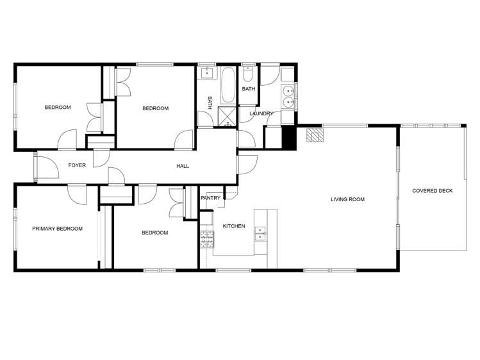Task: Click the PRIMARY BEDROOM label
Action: [x=58, y=229]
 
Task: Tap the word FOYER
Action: [x=77, y=165]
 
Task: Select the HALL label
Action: [x=183, y=167]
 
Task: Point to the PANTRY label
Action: [x=210, y=198]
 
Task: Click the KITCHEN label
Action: [x=233, y=226]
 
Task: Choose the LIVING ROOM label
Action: [x=347, y=199]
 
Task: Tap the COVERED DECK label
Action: [x=432, y=190]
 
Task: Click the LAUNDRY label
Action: [x=261, y=113]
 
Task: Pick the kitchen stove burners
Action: [x=206, y=240]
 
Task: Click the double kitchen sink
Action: [x=261, y=233]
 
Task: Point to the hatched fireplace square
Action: [x=314, y=136]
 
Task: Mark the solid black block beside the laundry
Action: [x=290, y=138]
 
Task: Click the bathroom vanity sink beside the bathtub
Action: [x=206, y=73]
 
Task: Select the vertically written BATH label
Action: [x=210, y=102]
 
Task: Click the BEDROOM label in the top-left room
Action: [x=58, y=107]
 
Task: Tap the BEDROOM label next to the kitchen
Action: [x=154, y=233]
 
